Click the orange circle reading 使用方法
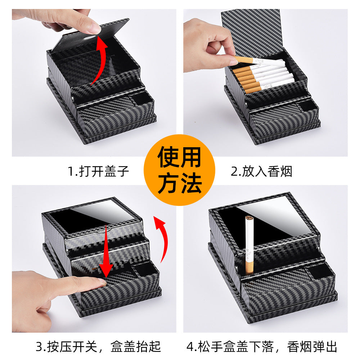coord(179,170)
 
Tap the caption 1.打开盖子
coord(98,171)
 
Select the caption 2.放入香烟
coord(261,171)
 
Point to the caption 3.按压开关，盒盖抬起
coord(98,347)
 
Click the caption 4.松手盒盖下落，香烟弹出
coord(262,347)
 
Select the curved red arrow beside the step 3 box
coord(163,239)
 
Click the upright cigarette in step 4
coord(249,245)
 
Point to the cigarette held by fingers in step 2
coord(260,62)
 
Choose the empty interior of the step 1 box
coord(92,67)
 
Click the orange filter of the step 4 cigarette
coord(249,267)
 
